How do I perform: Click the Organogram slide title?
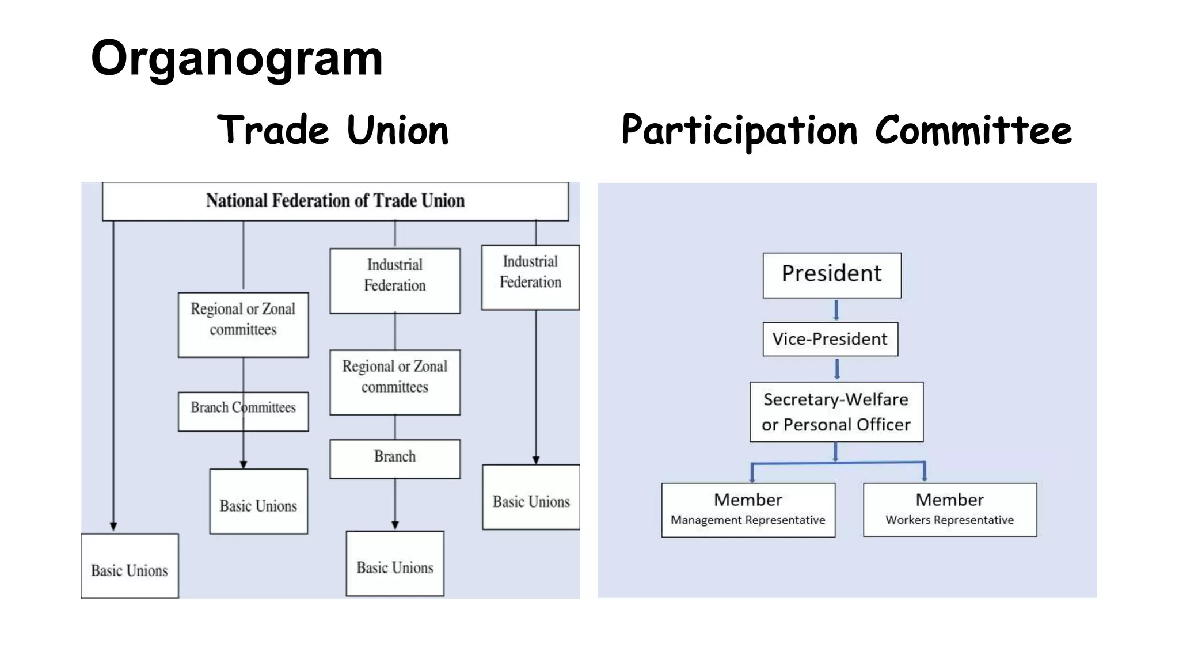pyautogui.click(x=237, y=58)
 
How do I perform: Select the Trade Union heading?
pyautogui.click(x=333, y=130)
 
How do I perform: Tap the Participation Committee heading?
pyautogui.click(x=846, y=130)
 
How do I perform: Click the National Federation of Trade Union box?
pyautogui.click(x=335, y=201)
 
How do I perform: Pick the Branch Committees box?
pyautogui.click(x=243, y=411)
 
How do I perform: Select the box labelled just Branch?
pyautogui.click(x=395, y=459)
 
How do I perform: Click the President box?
pyautogui.click(x=832, y=275)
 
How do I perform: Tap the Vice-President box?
pyautogui.click(x=830, y=339)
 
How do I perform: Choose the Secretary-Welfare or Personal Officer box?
pyautogui.click(x=836, y=411)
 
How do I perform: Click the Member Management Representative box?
pyautogui.click(x=748, y=509)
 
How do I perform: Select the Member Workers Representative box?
pyautogui.click(x=949, y=509)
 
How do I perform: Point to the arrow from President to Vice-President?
pyautogui.click(x=836, y=310)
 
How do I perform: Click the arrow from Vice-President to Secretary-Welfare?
pyautogui.click(x=836, y=369)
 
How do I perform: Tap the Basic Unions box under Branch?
pyautogui.click(x=395, y=563)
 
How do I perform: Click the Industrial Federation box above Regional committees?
pyautogui.click(x=395, y=281)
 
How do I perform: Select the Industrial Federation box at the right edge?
pyautogui.click(x=530, y=277)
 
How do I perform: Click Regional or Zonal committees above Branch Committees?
pyautogui.click(x=243, y=325)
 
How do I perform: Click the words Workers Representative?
pyautogui.click(x=949, y=520)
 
